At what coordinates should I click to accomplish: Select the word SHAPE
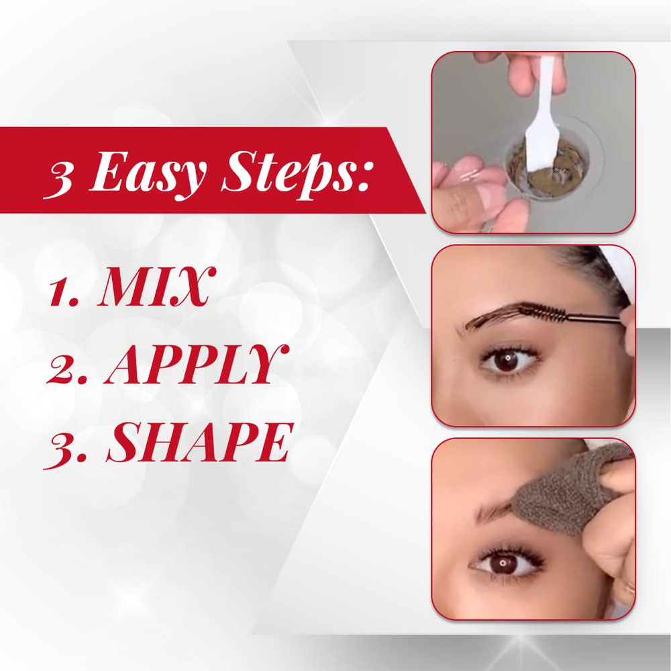tap(200, 442)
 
